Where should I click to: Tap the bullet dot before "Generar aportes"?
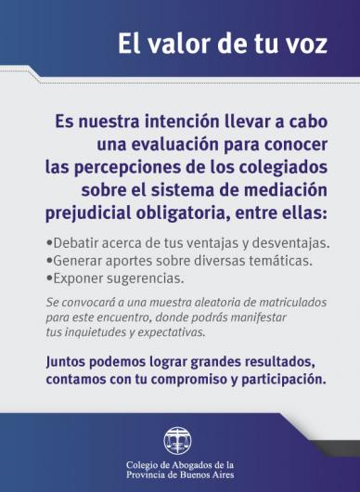pos(48,261)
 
